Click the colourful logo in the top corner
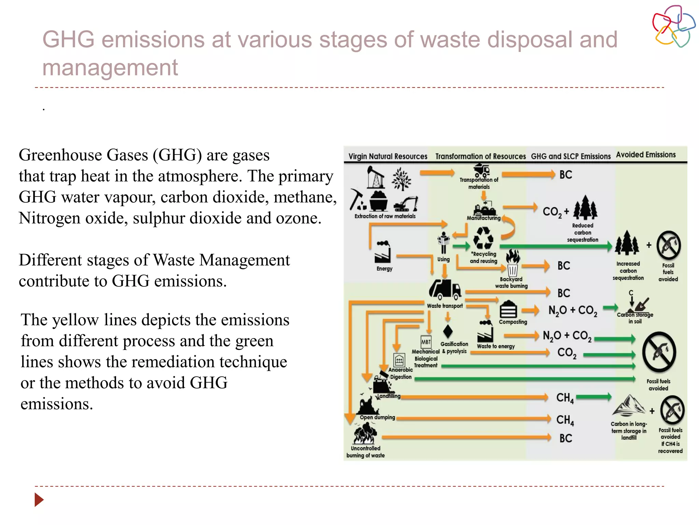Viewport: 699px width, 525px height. [673, 26]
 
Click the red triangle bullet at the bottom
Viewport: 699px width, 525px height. [39, 500]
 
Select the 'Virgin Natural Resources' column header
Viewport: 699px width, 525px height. [388, 156]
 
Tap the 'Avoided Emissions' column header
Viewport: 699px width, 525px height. [646, 154]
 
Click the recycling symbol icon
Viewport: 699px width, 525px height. [483, 238]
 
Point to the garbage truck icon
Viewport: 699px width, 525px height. [445, 289]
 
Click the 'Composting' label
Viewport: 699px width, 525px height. [513, 322]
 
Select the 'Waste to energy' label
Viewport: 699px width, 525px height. [496, 346]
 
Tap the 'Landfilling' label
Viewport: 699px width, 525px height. [389, 396]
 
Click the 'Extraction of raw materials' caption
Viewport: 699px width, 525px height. [385, 216]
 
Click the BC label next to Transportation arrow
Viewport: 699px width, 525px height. [566, 175]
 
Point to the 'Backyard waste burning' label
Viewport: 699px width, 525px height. [511, 282]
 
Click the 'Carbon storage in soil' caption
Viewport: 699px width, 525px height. [635, 318]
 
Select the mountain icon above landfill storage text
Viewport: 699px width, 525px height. [629, 406]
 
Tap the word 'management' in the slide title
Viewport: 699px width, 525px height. [110, 67]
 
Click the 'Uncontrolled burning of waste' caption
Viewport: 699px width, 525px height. [365, 452]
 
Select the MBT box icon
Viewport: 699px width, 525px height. [426, 341]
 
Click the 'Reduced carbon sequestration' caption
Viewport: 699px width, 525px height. [583, 232]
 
